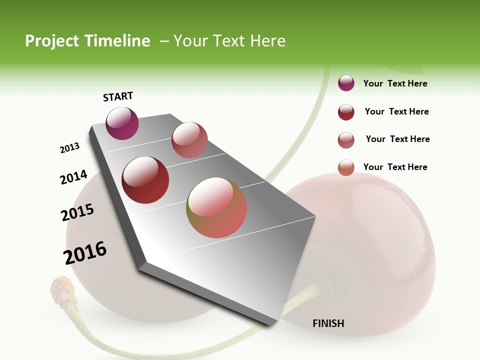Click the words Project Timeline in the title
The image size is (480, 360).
tap(87, 41)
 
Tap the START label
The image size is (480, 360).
tap(118, 96)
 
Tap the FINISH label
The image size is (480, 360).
tap(328, 323)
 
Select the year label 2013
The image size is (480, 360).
tap(69, 148)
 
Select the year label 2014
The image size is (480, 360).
tap(73, 177)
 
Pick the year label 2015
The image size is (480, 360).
tap(77, 212)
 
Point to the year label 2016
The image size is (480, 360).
tap(85, 252)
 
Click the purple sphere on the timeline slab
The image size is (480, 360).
tap(122, 123)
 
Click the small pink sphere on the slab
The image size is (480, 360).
tap(189, 140)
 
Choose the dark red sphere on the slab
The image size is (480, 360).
tap(145, 180)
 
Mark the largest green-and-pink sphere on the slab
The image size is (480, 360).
tap(216, 207)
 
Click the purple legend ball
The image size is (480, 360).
tap(346, 83)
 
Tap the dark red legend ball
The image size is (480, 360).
tap(346, 112)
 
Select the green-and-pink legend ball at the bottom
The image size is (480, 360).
tap(346, 167)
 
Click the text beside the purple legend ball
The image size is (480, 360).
tap(395, 83)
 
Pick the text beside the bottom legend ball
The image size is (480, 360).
tap(395, 167)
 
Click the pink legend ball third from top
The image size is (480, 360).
tap(346, 140)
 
